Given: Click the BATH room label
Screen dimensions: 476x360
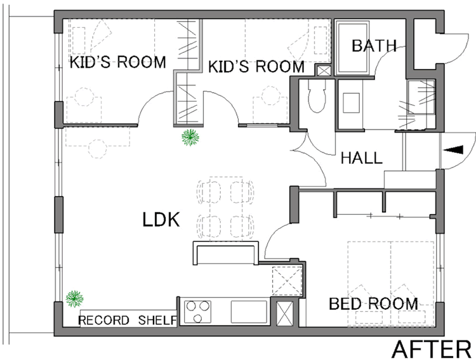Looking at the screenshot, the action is click(x=374, y=46).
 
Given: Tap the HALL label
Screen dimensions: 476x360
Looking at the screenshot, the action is click(x=362, y=158).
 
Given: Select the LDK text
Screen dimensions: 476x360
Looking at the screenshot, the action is click(x=161, y=219).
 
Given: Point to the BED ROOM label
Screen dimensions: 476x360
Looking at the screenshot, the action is click(x=373, y=303).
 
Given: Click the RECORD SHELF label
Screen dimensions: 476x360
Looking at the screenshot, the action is click(x=128, y=320).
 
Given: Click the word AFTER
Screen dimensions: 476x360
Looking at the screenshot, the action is click(x=432, y=349).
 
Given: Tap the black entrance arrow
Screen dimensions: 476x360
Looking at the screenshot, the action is click(x=453, y=150).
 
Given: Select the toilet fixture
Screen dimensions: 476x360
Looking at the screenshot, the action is click(x=317, y=96).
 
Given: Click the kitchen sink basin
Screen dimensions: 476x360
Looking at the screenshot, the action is click(x=249, y=312).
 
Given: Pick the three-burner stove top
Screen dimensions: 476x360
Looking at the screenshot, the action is click(x=197, y=312).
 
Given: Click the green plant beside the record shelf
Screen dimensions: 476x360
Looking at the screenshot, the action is click(x=74, y=298).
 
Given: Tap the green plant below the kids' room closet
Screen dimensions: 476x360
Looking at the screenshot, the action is click(x=190, y=137).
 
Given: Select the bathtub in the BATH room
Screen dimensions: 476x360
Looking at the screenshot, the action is click(x=352, y=48).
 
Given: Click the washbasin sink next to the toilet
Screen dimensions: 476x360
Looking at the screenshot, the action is click(x=351, y=103).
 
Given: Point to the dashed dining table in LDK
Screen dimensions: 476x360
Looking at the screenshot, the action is click(x=226, y=209).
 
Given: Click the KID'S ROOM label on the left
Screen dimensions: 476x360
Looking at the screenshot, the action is click(x=118, y=62).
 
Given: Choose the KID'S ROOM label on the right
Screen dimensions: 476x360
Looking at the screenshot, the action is click(x=256, y=67).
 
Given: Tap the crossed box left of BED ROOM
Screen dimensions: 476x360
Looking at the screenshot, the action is click(x=286, y=313).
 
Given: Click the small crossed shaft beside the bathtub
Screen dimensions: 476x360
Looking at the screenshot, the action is click(x=324, y=71).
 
